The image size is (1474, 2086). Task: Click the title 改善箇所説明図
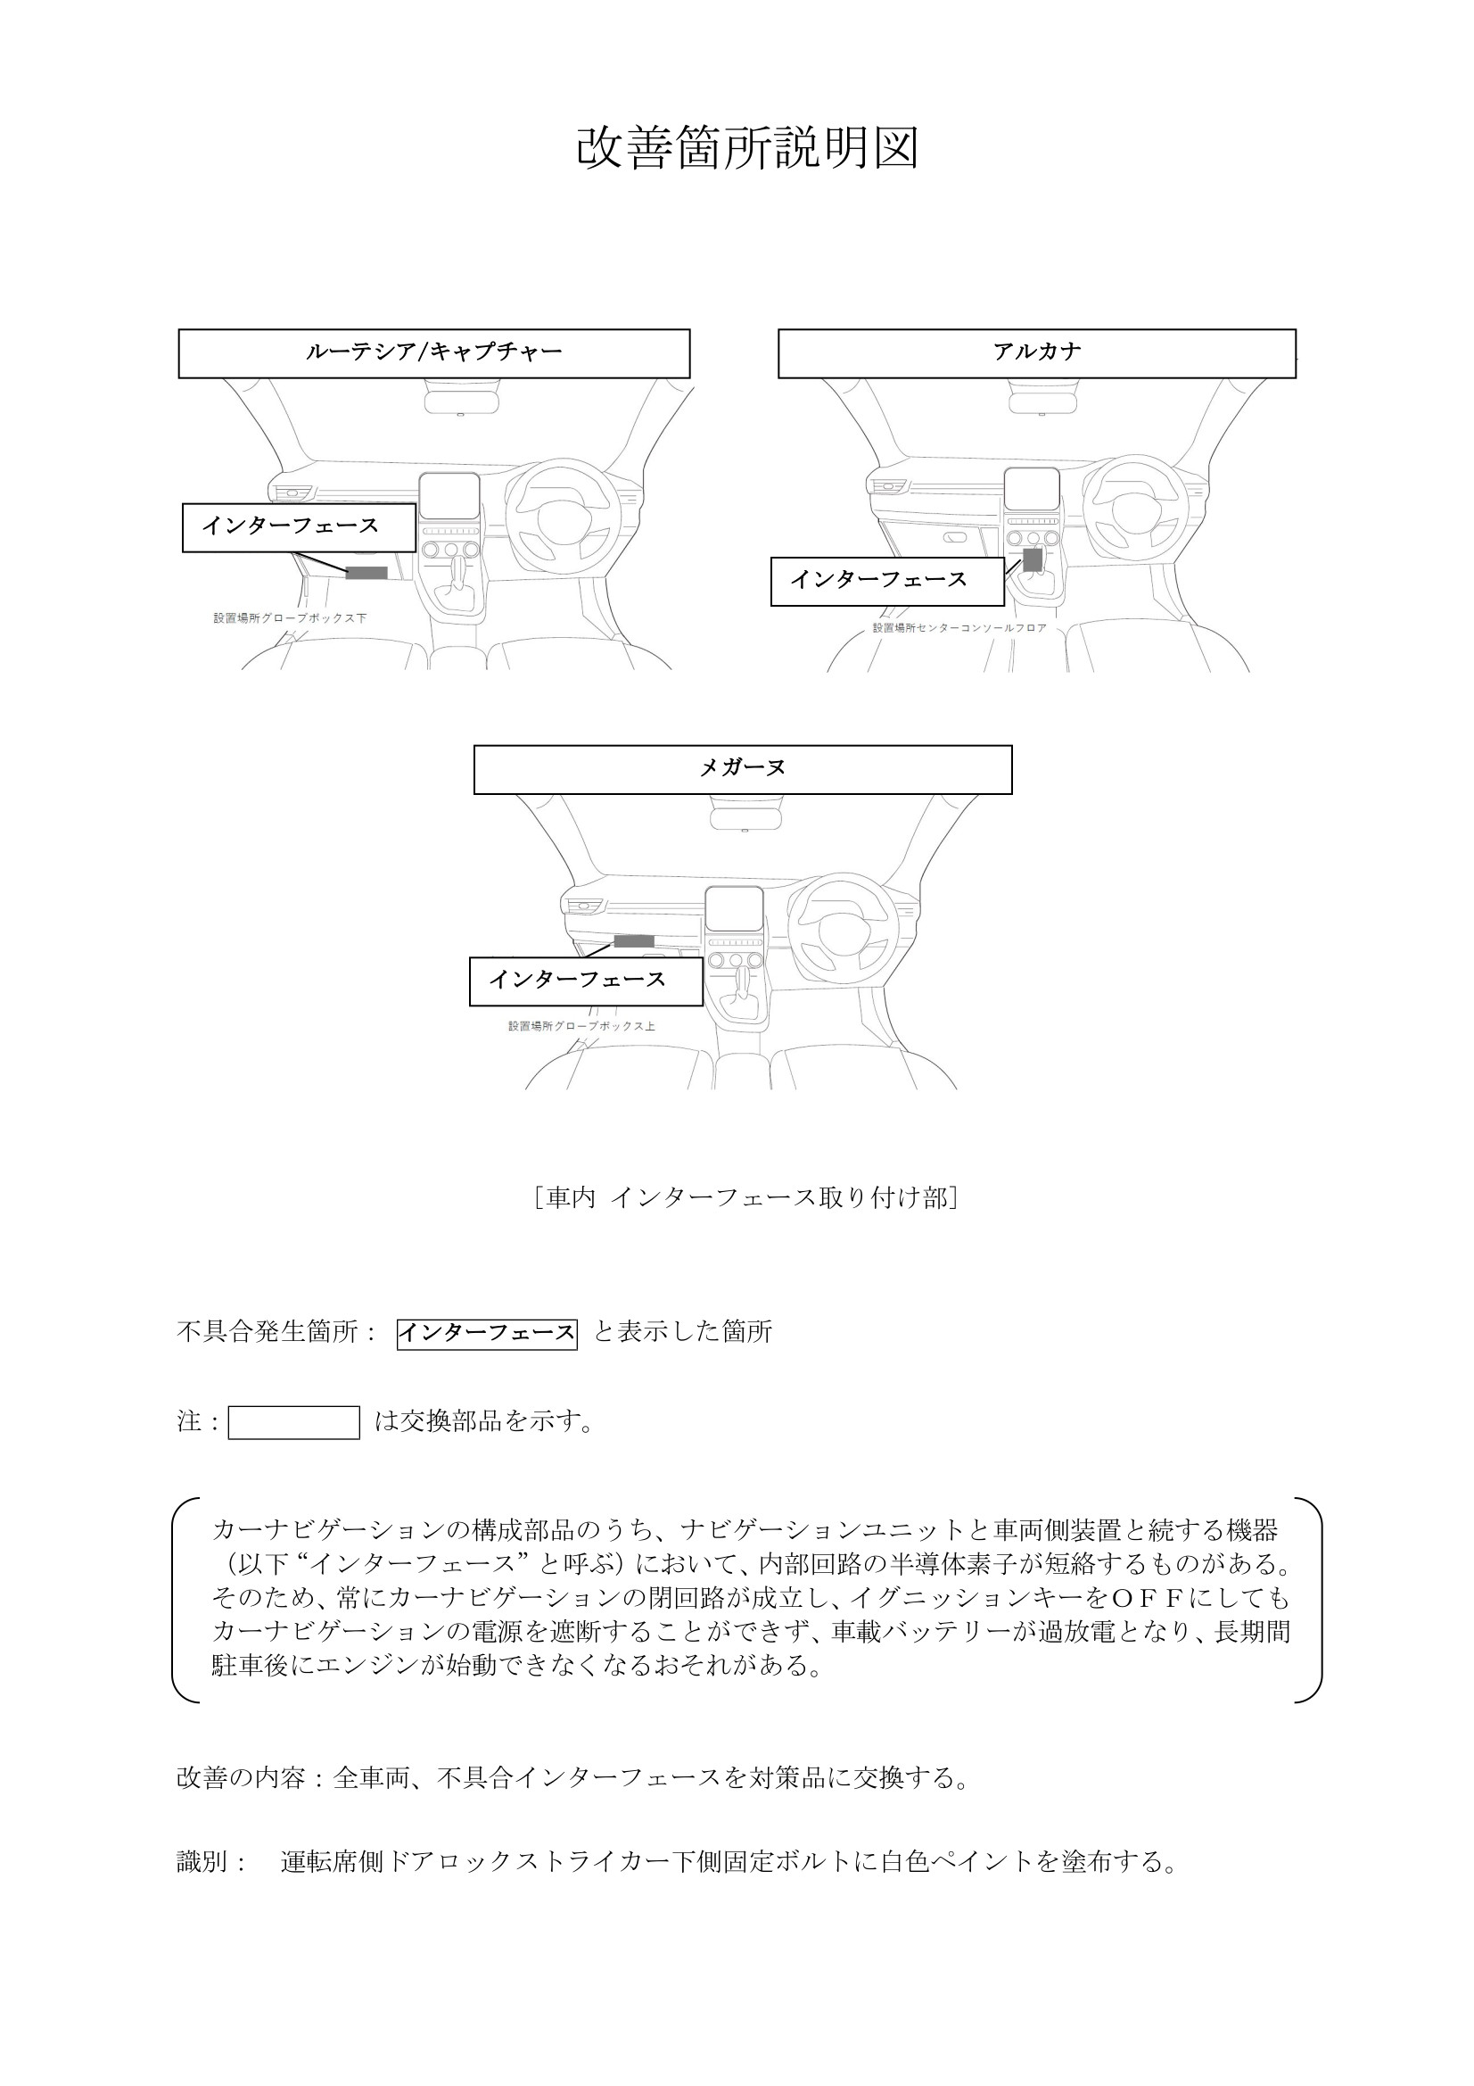click(x=747, y=148)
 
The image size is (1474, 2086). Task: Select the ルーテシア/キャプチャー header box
click(x=433, y=352)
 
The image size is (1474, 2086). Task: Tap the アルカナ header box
click(x=1036, y=352)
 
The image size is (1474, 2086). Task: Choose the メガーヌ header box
click(x=742, y=769)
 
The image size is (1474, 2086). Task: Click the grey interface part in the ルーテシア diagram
click(x=366, y=573)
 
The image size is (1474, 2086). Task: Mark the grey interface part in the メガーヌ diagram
click(x=634, y=940)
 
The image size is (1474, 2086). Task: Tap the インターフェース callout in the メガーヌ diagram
click(x=586, y=981)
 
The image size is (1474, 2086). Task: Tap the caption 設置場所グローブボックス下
click(x=290, y=618)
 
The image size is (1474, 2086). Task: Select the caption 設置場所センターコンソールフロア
click(x=959, y=628)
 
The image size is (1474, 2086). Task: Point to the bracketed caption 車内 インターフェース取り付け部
click(x=746, y=1198)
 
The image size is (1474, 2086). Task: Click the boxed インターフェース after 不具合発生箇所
click(x=487, y=1334)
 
